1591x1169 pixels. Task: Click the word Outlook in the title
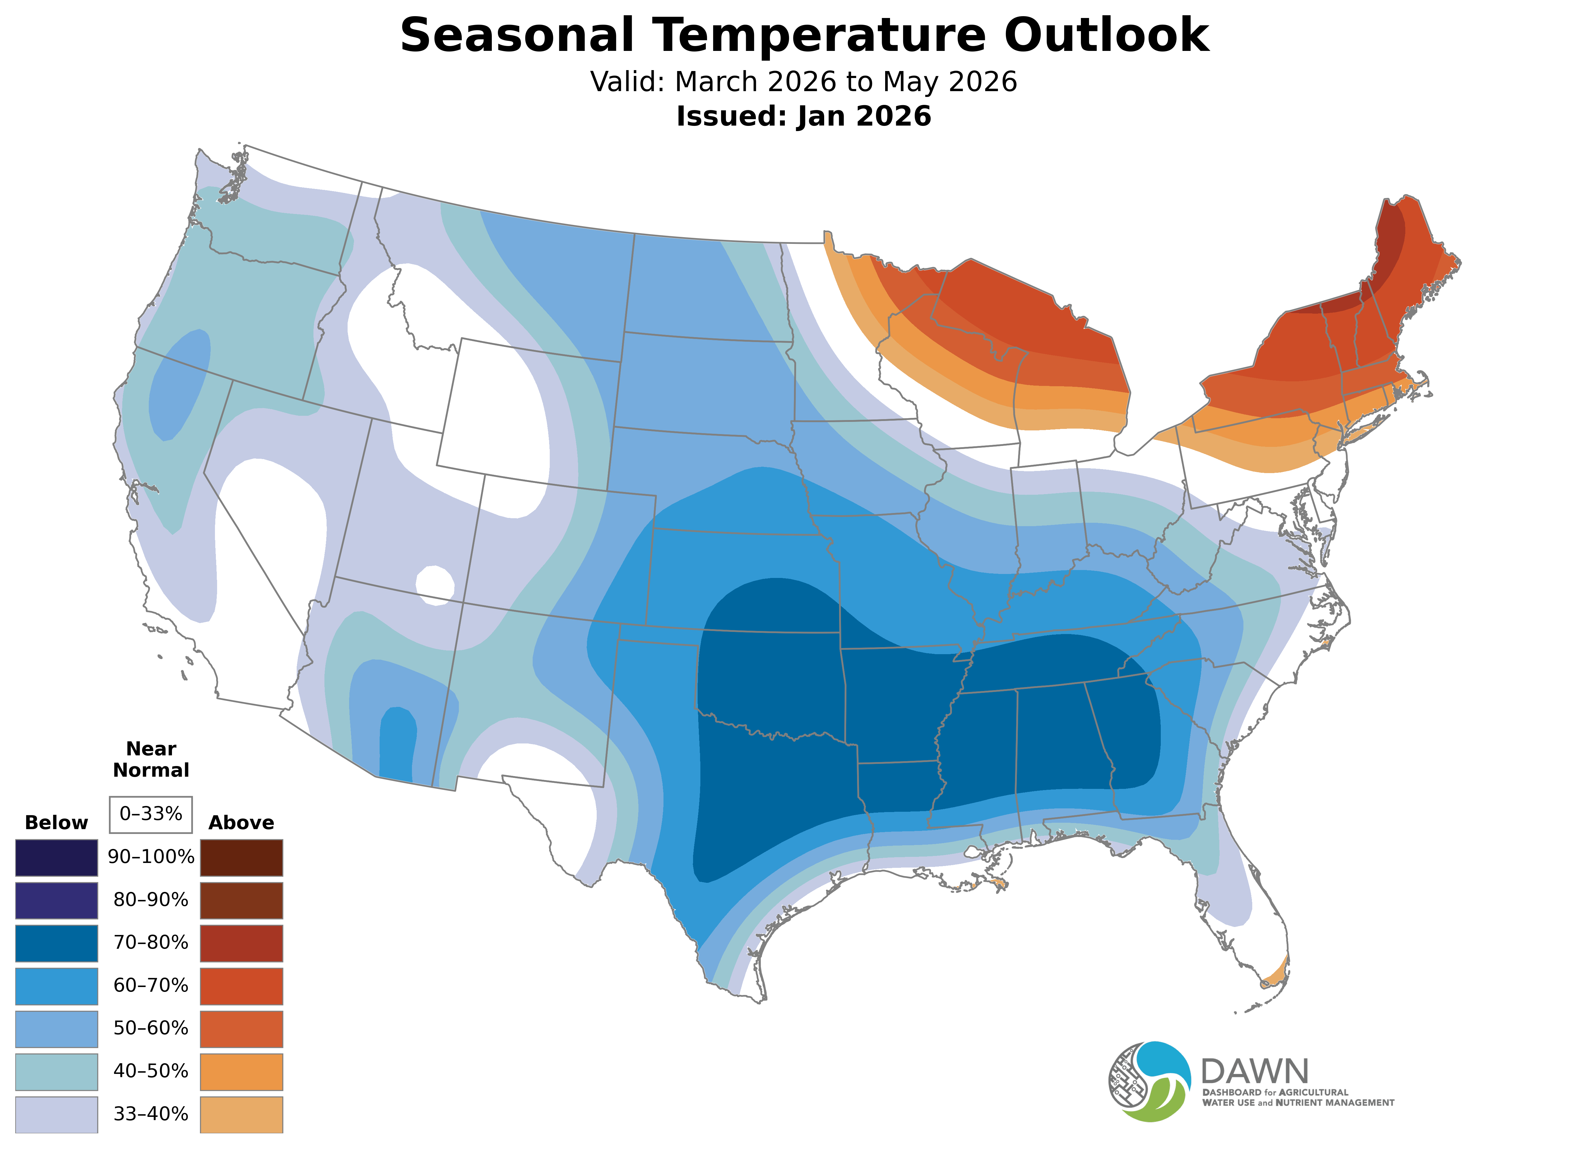click(x=1106, y=35)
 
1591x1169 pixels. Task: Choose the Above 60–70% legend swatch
click(x=241, y=986)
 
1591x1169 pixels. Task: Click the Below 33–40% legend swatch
click(x=57, y=1114)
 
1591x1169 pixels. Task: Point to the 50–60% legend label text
click(x=151, y=1028)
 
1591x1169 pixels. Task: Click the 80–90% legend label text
click(x=151, y=900)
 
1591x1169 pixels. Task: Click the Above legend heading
click(x=241, y=823)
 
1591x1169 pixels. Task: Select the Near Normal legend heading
click(x=151, y=759)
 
